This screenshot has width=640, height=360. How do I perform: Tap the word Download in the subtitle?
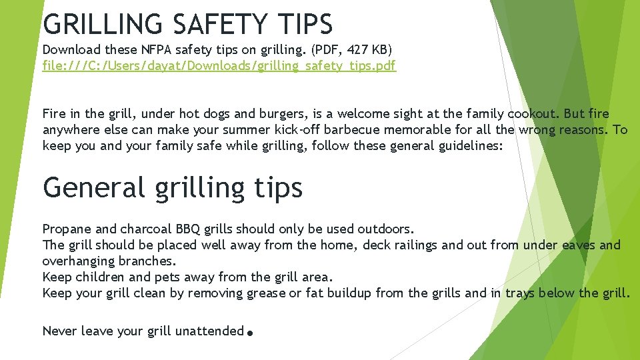[x=71, y=49]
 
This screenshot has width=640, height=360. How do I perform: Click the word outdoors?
[x=385, y=229]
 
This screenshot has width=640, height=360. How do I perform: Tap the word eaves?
[x=579, y=245]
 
